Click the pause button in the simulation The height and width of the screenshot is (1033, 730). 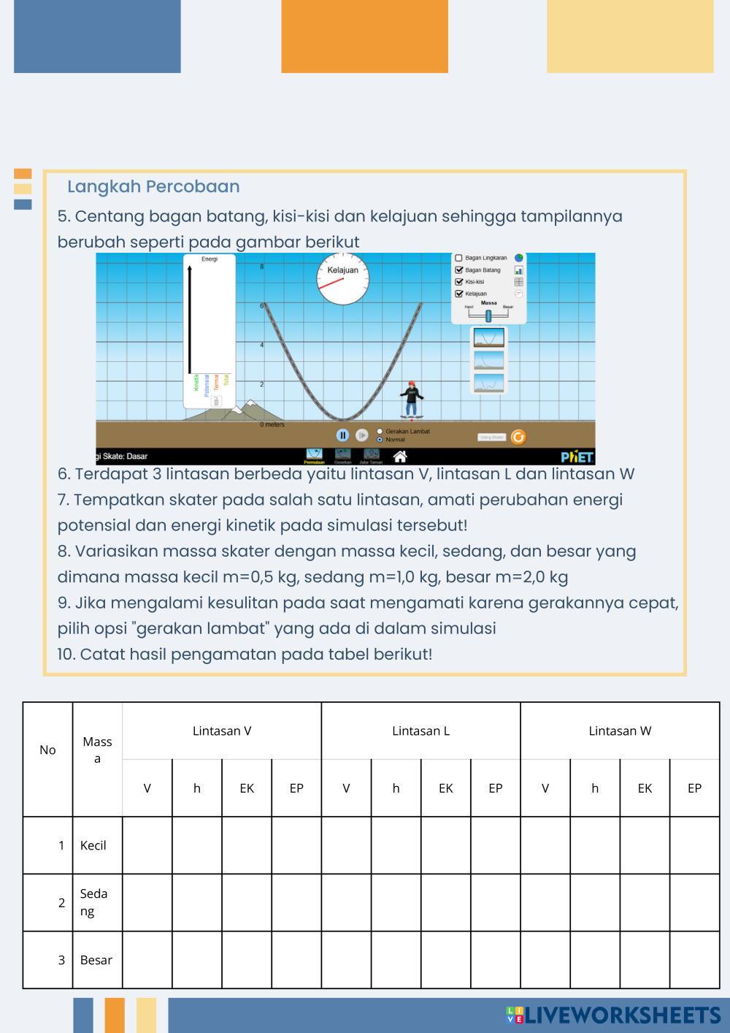pos(342,435)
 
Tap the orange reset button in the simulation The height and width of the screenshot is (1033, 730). pos(518,437)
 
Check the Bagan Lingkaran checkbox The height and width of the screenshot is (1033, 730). pos(458,258)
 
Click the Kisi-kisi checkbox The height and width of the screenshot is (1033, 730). pos(458,282)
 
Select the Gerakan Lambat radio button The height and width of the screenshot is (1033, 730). pos(380,431)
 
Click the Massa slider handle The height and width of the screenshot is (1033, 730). pos(488,316)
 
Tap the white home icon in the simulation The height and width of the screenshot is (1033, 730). pos(399,457)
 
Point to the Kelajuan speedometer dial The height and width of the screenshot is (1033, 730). pos(342,278)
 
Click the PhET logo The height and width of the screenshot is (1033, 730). pos(577,457)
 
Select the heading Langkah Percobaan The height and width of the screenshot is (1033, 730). pos(153,186)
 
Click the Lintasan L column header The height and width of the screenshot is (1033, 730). pos(420,731)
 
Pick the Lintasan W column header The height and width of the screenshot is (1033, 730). pos(620,731)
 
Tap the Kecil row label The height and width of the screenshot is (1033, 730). pos(93,845)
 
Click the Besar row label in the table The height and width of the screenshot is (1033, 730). pos(96,960)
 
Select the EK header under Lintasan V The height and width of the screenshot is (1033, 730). pos(247,788)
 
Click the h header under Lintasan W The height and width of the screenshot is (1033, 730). pos(595,788)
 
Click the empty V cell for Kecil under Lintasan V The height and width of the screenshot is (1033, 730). pos(147,845)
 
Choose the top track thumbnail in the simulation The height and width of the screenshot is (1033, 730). pos(488,338)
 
